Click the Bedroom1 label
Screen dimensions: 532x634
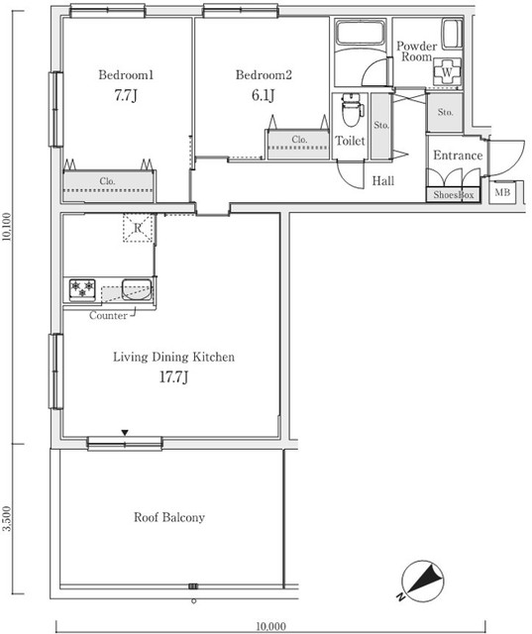click(126, 75)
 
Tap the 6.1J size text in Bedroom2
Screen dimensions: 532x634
click(263, 95)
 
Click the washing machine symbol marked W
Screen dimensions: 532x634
click(447, 72)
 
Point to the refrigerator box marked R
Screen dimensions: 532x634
click(139, 228)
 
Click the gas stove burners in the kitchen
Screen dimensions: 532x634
click(82, 290)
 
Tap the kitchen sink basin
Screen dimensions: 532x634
click(137, 289)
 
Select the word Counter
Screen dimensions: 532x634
click(108, 315)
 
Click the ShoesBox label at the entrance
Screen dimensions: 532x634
click(453, 195)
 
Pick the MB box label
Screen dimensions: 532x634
click(502, 192)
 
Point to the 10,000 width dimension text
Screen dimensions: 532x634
click(270, 626)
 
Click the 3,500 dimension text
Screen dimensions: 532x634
click(7, 519)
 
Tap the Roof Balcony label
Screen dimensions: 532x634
click(169, 517)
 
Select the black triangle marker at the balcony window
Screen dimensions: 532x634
click(125, 433)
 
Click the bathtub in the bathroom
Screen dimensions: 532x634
click(360, 33)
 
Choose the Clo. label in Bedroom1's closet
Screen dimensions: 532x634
click(107, 181)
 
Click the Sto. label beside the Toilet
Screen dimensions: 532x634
click(381, 126)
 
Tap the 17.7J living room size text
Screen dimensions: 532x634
click(173, 377)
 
